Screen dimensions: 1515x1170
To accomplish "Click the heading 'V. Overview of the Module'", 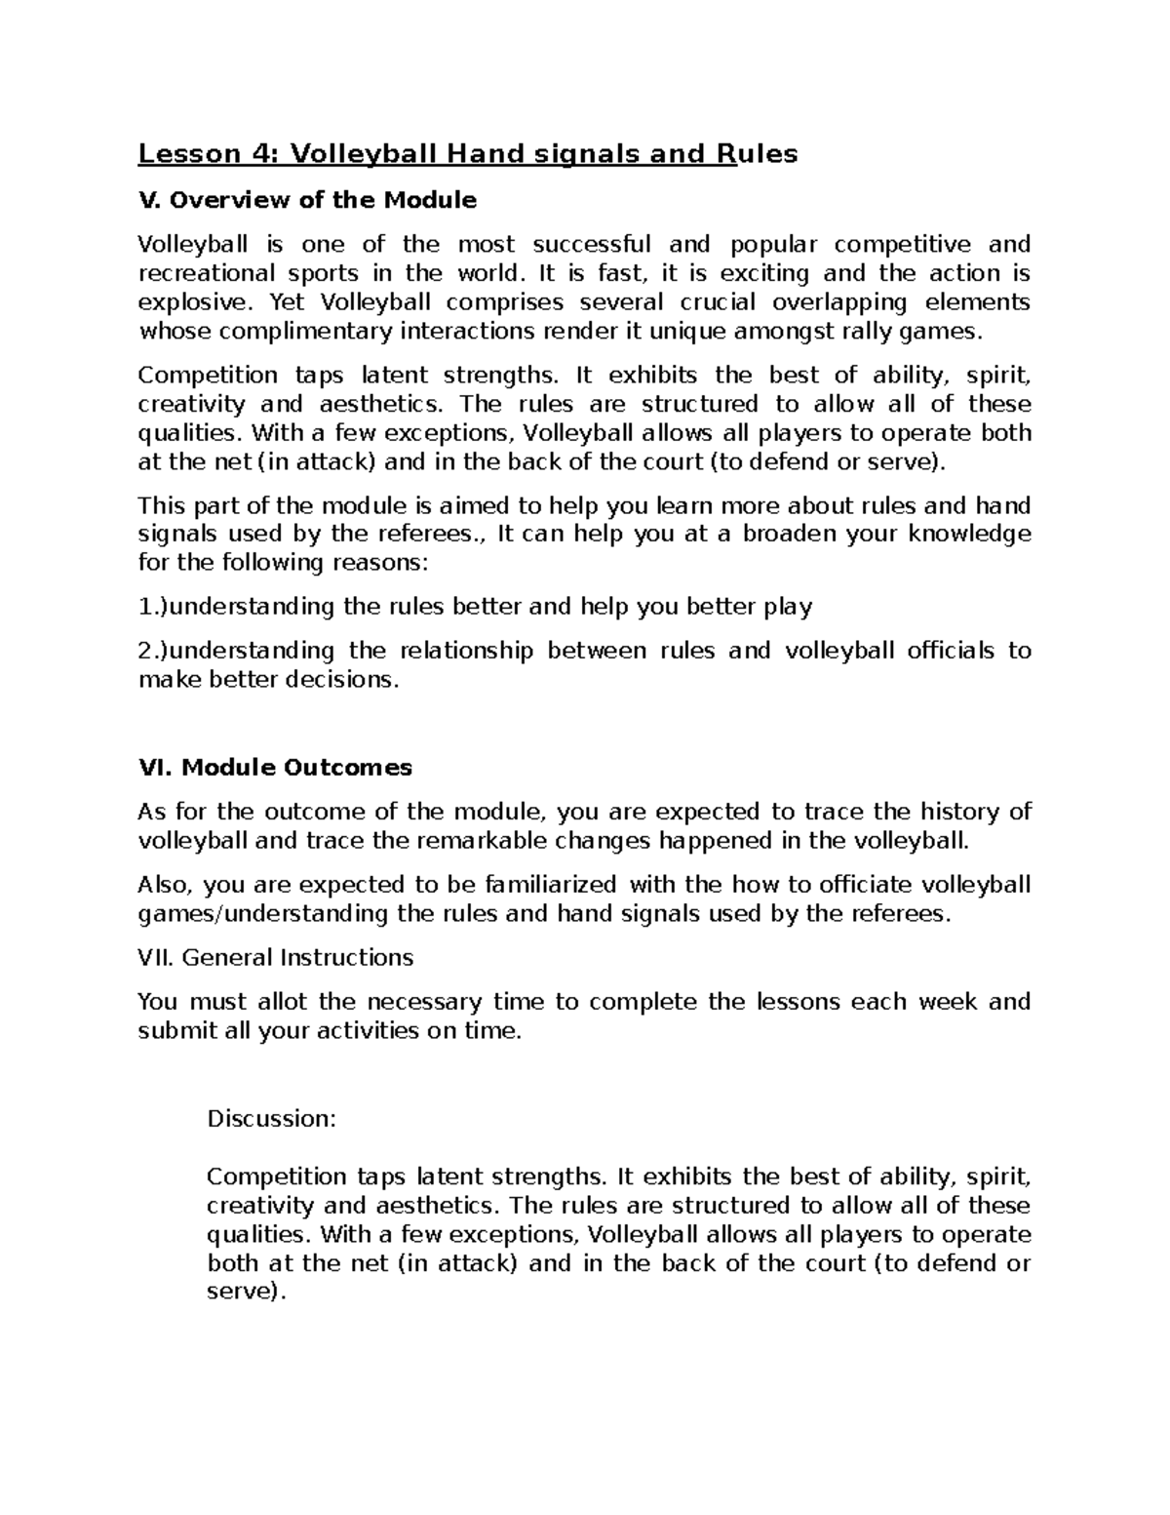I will click(307, 201).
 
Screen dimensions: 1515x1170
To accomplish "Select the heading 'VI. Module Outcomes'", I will click(275, 768).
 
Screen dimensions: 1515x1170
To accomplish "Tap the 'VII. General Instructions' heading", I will click(275, 958).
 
